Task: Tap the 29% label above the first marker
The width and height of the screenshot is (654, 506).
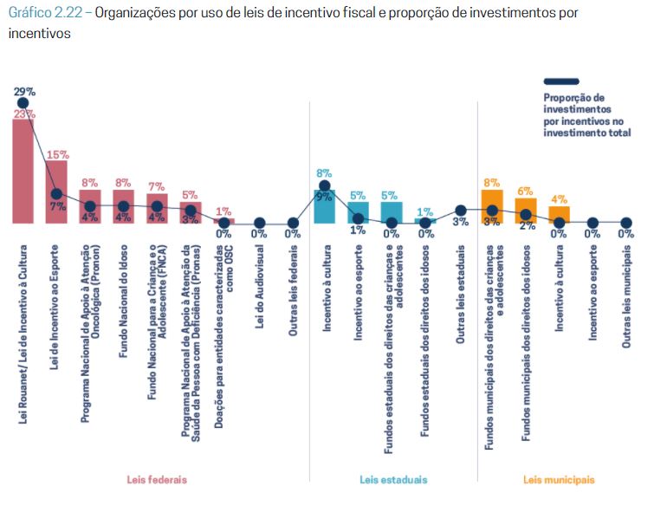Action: tap(23, 91)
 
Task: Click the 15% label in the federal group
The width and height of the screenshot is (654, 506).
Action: tap(57, 154)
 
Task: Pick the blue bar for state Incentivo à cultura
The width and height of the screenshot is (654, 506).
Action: tap(324, 207)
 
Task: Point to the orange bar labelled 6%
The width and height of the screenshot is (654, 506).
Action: tap(526, 211)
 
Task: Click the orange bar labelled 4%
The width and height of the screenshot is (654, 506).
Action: tap(560, 215)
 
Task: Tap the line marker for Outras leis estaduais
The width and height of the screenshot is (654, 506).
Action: tap(461, 211)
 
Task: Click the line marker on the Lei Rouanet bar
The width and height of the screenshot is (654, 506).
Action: tap(23, 103)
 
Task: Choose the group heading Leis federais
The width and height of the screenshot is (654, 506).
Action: tap(157, 479)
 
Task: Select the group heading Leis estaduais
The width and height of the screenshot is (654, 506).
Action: tap(393, 479)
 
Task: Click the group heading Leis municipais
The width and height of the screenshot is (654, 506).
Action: tap(559, 479)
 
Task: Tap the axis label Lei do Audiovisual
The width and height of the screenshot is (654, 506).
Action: tap(258, 294)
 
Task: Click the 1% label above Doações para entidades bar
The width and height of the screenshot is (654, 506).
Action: tap(224, 211)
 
